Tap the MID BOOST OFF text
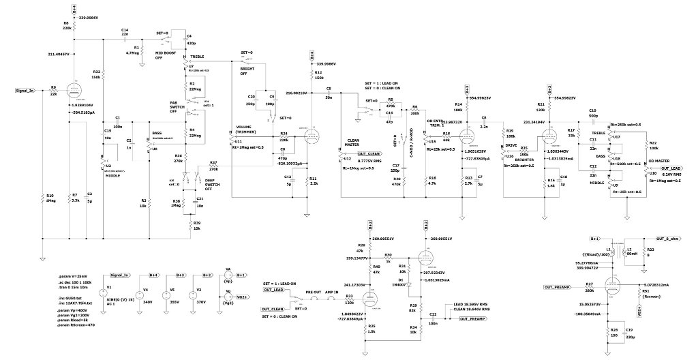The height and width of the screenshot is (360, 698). point(168,55)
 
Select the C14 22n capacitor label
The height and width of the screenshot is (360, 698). point(124,33)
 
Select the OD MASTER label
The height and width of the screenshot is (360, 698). point(656,161)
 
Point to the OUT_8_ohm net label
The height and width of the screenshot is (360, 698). point(668,239)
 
